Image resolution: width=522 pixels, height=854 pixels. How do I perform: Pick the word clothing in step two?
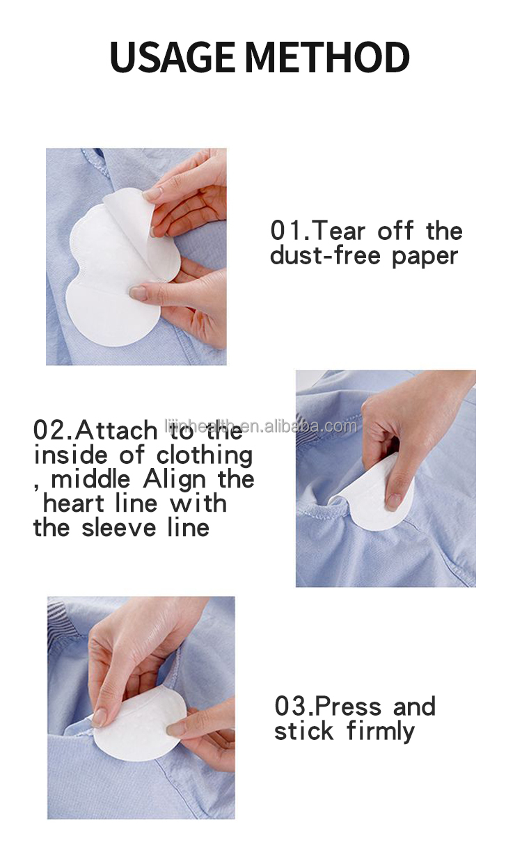pyautogui.click(x=205, y=456)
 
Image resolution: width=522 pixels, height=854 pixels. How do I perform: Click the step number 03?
pyautogui.click(x=291, y=706)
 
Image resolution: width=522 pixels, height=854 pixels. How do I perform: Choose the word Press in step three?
pyautogui.click(x=348, y=706)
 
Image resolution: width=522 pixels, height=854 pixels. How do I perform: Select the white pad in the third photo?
pyautogui.click(x=139, y=723)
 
